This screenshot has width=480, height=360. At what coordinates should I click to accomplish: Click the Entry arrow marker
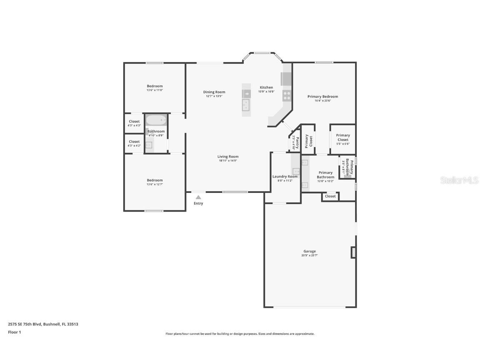198,197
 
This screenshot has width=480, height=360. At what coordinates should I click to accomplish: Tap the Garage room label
309,251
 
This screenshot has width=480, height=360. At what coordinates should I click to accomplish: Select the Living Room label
228,157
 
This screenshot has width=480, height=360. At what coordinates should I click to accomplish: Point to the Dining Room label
214,92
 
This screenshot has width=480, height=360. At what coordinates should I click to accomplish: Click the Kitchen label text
266,87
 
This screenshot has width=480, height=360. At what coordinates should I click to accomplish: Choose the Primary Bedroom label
322,97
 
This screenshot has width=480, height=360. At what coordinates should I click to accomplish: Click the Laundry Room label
285,177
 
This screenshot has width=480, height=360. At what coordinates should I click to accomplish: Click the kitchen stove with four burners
287,95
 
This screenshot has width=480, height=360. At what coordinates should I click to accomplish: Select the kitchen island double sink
246,105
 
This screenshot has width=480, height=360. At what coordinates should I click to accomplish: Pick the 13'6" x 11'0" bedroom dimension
155,90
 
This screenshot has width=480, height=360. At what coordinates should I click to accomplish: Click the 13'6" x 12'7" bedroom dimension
155,184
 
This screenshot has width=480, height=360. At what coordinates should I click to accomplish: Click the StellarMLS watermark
460,180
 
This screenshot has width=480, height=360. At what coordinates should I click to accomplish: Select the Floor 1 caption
15,332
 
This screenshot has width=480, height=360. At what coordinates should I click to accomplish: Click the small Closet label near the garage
330,196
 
